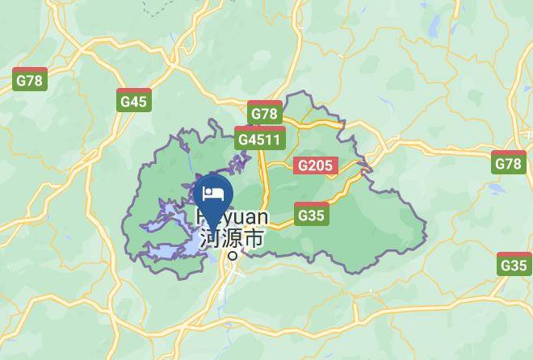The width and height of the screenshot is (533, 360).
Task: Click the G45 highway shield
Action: coord(133,100)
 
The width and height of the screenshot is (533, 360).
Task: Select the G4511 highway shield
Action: coord(260,138)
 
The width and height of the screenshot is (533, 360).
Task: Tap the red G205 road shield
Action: coord(313,165)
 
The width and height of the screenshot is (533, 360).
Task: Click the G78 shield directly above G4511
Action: coord(264,113)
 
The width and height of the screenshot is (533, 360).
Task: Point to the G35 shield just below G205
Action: coord(311,215)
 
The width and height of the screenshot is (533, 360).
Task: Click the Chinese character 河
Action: coord(209,238)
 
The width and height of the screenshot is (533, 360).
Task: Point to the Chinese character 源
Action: coord(231,238)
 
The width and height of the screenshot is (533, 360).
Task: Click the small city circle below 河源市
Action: coord(233,255)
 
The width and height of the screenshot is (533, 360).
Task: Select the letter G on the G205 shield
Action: coord(302,165)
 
